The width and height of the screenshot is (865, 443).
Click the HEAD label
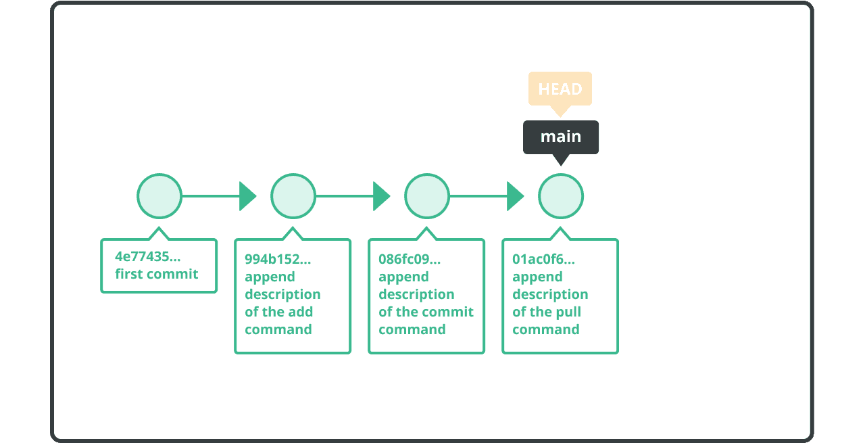pos(560,89)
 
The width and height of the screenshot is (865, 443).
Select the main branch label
pos(560,137)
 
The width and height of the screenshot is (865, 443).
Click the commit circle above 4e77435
pos(159,196)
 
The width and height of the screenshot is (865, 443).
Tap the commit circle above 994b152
pos(293,196)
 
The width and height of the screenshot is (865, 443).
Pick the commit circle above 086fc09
pos(427,196)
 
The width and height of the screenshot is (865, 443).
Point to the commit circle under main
pos(561,196)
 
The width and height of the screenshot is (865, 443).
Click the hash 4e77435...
pos(147,256)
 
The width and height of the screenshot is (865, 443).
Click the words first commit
pos(157,274)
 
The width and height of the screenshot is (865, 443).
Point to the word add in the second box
pos(301,312)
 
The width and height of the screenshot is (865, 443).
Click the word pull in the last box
pos(569,312)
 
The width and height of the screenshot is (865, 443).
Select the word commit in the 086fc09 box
pos(451,312)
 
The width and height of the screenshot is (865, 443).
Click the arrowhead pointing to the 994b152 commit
pos(247,196)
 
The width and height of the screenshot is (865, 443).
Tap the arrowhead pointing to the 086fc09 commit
pos(381,196)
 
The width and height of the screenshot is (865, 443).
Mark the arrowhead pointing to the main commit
pos(515,196)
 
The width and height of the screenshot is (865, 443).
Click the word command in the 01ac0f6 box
pos(546,329)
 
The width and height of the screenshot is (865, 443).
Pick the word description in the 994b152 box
pos(282,294)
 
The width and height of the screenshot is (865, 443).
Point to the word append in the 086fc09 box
pos(403,277)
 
